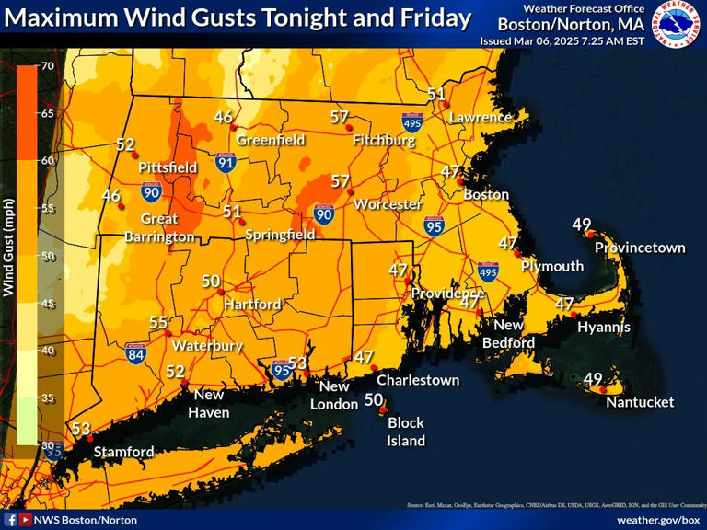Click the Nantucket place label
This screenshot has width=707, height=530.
click(x=639, y=402)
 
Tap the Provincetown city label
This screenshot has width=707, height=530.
click(x=640, y=248)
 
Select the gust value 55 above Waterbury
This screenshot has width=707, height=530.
click(x=158, y=323)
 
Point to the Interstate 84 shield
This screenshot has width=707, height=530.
click(x=136, y=352)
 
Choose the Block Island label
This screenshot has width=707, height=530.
click(x=405, y=432)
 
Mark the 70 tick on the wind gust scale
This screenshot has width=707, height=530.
click(x=47, y=66)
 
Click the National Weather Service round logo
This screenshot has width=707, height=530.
click(x=677, y=25)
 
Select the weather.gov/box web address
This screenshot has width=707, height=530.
click(x=658, y=520)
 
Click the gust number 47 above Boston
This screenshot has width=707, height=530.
click(x=450, y=172)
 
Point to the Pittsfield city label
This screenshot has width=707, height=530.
click(x=168, y=167)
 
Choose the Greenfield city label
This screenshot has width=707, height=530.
click(x=271, y=140)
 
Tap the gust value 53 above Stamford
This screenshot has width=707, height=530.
click(x=81, y=429)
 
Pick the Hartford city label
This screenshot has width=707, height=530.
click(x=251, y=304)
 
